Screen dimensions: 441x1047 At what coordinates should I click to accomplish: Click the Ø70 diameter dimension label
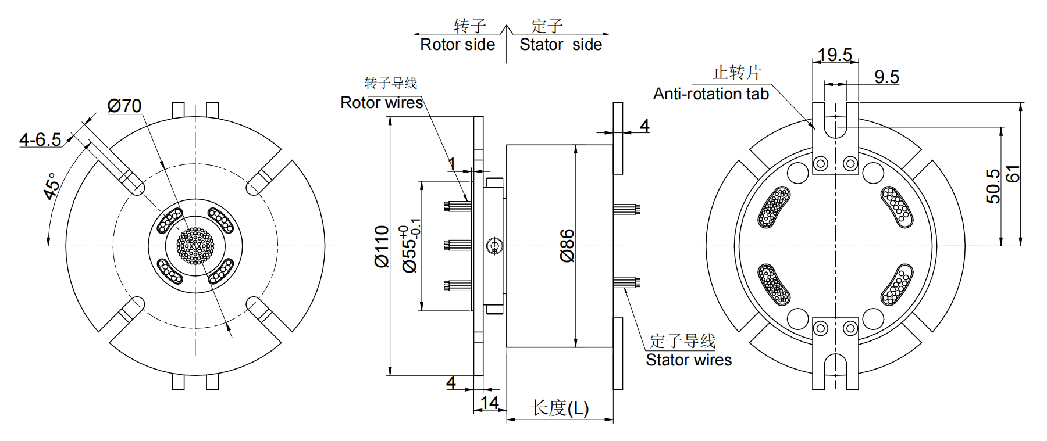(124, 106)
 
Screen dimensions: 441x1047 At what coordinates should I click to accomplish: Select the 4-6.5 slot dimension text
(40, 139)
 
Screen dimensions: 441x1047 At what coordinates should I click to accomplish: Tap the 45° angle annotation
(52, 186)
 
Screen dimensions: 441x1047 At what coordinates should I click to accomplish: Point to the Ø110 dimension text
(382, 246)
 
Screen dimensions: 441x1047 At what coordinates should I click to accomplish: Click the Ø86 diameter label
(567, 246)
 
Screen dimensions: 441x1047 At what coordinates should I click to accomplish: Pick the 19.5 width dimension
(835, 55)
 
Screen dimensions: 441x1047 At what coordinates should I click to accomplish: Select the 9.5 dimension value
(886, 77)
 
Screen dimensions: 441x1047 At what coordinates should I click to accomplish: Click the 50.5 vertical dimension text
(993, 186)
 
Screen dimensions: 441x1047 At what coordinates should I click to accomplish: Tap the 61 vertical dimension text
(1013, 174)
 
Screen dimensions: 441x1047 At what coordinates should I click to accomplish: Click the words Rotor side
(458, 45)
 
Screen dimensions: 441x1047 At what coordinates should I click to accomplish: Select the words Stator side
(561, 45)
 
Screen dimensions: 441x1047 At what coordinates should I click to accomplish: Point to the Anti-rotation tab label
(711, 94)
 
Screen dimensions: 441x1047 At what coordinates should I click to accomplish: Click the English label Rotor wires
(382, 103)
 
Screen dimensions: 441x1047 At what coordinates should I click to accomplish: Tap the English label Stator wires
(689, 360)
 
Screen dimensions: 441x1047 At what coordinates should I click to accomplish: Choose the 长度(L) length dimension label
(560, 408)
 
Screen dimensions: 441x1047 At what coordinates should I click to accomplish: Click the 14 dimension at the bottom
(490, 403)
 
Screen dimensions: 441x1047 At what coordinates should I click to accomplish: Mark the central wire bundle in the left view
(195, 246)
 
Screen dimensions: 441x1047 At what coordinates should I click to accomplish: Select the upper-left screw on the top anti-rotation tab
(821, 163)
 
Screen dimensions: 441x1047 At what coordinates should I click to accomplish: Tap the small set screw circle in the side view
(494, 246)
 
